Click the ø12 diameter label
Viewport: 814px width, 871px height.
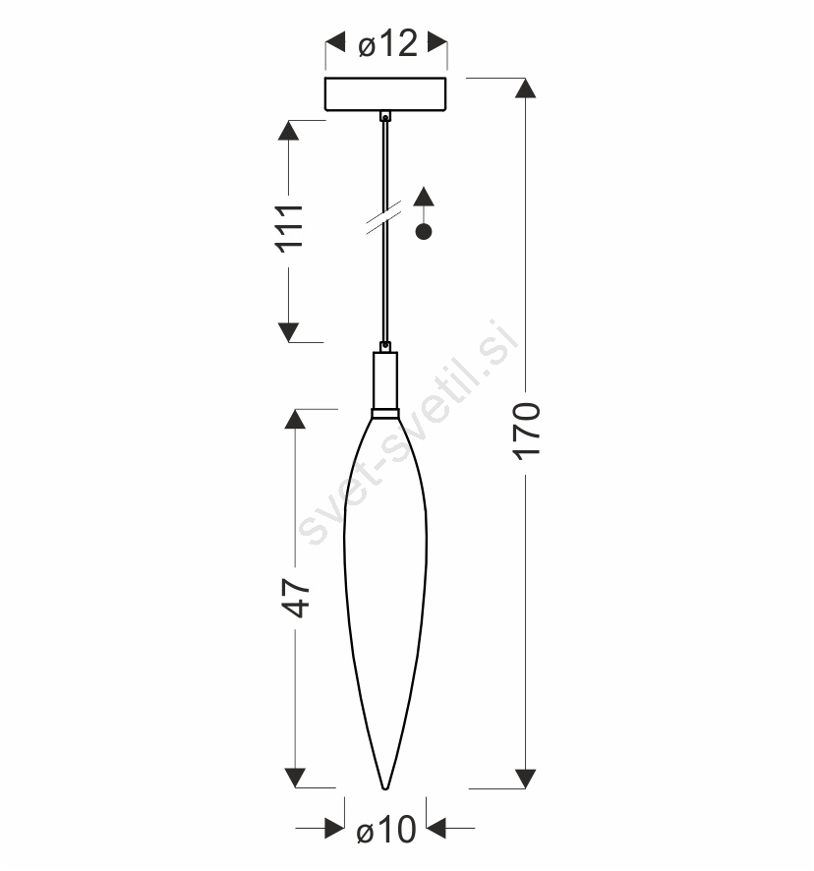pos(387,43)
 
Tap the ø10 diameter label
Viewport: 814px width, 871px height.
pos(386,830)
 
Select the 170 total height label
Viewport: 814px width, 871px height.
pos(526,432)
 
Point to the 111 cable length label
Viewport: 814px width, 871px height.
pos(289,228)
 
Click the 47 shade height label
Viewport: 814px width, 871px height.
pos(296,599)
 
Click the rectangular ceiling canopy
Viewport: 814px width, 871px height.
pos(385,94)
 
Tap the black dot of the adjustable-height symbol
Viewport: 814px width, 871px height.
pos(424,232)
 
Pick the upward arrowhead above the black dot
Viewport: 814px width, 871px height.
pos(424,196)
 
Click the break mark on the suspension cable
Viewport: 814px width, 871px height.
pos(384,219)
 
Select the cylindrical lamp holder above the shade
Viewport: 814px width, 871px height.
pos(385,380)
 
